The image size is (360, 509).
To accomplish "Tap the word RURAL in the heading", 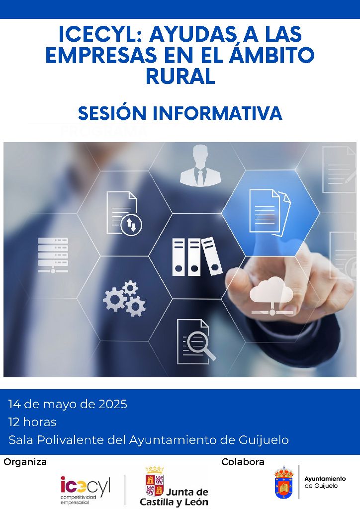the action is click(x=180, y=76).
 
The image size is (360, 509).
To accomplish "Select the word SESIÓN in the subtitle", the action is click(x=112, y=113).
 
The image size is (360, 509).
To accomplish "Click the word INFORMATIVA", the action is click(x=217, y=113).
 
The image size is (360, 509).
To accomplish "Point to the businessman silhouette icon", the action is click(x=200, y=166).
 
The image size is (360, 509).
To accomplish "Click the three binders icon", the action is click(x=197, y=256).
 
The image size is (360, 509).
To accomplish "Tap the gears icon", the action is click(x=124, y=299).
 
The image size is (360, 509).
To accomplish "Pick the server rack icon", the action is click(x=53, y=255).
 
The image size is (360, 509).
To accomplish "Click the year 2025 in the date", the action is click(x=113, y=404).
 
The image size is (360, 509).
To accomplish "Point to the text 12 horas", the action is click(x=32, y=422).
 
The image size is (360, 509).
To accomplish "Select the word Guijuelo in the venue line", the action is click(x=264, y=440).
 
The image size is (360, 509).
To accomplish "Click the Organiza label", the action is click(x=25, y=462).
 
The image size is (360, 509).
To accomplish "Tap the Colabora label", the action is click(x=243, y=462).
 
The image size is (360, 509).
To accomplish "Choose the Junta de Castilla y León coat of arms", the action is click(x=155, y=481).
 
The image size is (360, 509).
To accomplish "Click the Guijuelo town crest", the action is click(x=284, y=482).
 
